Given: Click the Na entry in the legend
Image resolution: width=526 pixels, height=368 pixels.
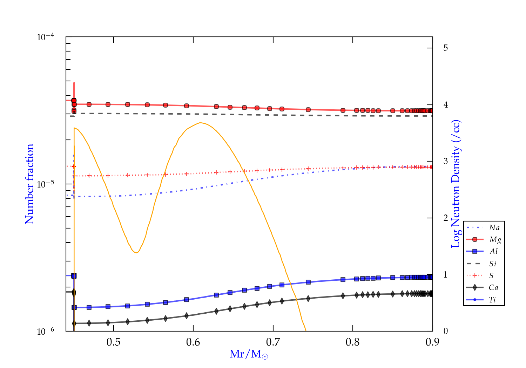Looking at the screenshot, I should (494, 228).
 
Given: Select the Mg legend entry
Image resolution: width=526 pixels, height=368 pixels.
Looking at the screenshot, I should (495, 240).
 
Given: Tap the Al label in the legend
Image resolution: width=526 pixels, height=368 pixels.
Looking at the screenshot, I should (494, 252).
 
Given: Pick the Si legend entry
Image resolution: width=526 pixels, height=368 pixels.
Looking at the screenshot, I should (493, 264).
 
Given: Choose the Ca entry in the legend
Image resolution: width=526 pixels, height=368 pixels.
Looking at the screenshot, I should (493, 288).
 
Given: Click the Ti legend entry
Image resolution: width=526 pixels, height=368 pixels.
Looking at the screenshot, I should (492, 300).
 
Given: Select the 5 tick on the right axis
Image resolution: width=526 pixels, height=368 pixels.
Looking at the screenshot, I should (445, 48).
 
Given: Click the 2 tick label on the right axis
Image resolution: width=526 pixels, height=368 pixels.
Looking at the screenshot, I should (445, 218).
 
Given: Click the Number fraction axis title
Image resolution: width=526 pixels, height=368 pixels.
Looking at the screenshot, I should (29, 184).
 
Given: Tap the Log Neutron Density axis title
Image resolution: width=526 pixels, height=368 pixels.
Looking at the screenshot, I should (456, 184).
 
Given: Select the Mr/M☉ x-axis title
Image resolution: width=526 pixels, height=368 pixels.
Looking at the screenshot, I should (249, 354).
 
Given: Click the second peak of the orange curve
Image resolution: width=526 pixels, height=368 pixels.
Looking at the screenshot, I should (200, 123).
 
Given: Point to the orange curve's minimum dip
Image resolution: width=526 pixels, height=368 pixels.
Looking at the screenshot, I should (136, 252).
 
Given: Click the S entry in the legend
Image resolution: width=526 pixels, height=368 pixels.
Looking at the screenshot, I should (491, 276).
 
